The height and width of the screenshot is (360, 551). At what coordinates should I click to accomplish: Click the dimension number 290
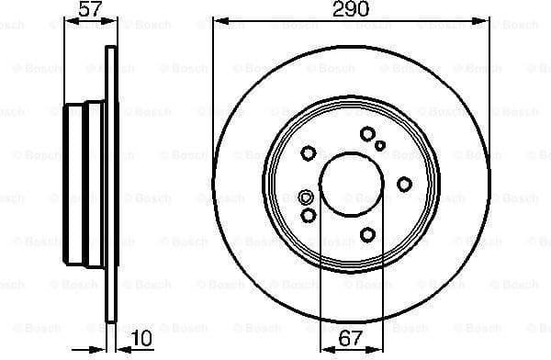350,10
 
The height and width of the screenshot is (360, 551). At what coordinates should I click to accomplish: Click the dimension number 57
89,10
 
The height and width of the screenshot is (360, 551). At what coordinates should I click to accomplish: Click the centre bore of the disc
350,182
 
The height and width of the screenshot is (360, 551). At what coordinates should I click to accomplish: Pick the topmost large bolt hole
367,134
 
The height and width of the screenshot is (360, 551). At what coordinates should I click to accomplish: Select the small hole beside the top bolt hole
380,145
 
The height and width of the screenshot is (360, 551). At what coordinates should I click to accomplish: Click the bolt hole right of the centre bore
404,185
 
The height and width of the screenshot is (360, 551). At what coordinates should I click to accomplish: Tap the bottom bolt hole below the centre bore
367,235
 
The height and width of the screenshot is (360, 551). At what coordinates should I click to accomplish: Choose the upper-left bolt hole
309,152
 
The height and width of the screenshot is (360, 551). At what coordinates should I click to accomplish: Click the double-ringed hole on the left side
307,197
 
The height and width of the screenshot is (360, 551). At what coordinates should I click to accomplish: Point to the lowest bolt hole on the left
309,215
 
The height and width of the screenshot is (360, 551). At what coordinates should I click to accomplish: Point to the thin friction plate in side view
112,184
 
